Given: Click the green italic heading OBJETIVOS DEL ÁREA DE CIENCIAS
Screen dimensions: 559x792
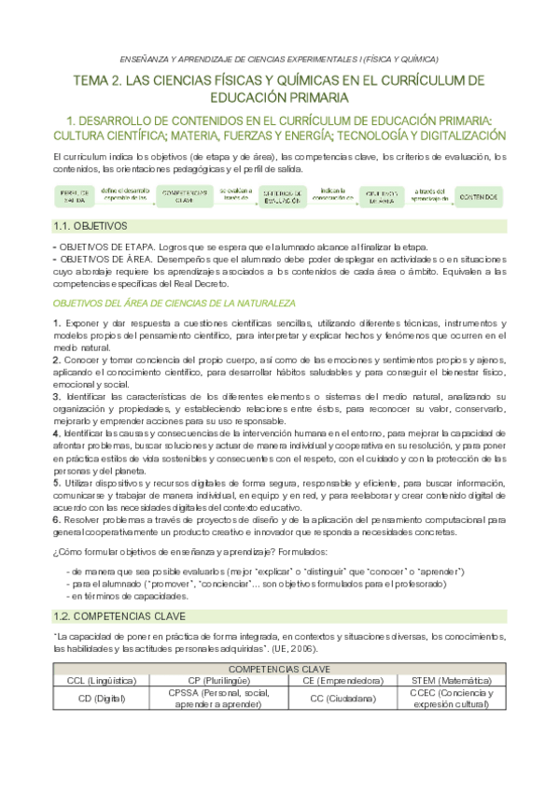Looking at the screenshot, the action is pos(174,304).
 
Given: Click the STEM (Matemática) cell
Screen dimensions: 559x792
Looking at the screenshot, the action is pos(454,680).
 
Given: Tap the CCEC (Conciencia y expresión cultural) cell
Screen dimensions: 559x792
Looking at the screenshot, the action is pos(454,699).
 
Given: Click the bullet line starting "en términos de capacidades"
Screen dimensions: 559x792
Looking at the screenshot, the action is pos(129,595).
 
